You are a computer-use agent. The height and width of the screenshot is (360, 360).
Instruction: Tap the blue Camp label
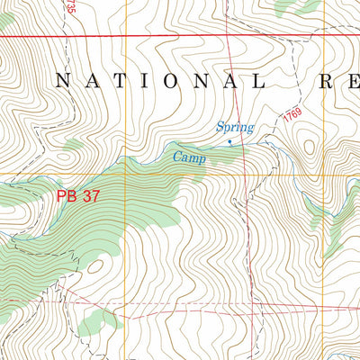190,157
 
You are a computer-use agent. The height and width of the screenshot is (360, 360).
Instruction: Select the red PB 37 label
77,195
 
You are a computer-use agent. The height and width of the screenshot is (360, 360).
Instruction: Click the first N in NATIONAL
62,81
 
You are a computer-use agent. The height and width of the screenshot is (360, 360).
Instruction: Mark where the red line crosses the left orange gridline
126,36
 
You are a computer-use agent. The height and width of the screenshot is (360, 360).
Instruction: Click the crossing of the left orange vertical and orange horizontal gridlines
126,174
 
